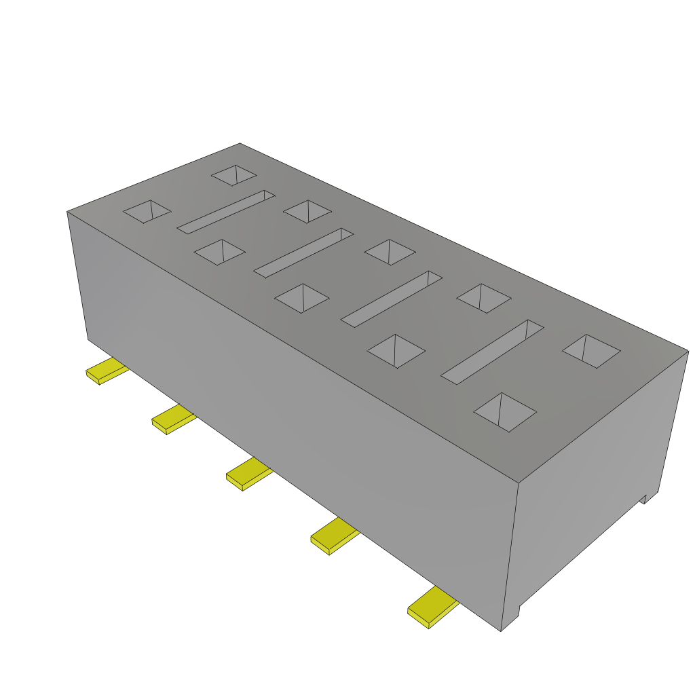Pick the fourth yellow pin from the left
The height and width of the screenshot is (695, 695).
pyautogui.click(x=334, y=536)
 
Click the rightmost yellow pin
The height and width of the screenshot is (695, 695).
pyautogui.click(x=432, y=607)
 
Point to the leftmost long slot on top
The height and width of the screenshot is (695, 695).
pyautogui.click(x=226, y=211)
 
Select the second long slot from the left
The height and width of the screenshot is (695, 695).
pyautogui.click(x=303, y=252)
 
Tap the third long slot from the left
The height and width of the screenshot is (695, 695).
pyautogui.click(x=391, y=299)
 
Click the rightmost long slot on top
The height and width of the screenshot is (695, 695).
pyautogui.click(x=493, y=350)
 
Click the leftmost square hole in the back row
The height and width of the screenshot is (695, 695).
pyautogui.click(x=233, y=175)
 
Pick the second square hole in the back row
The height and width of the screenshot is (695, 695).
pyautogui.click(x=307, y=211)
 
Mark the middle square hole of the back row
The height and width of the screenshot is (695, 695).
pyautogui.click(x=390, y=252)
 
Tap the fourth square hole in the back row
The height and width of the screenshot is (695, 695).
pyautogui.click(x=483, y=298)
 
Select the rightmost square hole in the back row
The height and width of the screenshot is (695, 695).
pyautogui.click(x=591, y=351)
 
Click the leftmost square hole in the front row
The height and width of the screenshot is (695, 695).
pyautogui.click(x=147, y=211)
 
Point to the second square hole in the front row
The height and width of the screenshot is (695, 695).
pyautogui.click(x=219, y=252)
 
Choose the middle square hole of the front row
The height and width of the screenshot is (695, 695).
pyautogui.click(x=301, y=298)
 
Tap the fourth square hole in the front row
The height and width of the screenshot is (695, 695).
pyautogui.click(x=396, y=351)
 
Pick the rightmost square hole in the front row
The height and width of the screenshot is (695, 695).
pyautogui.click(x=504, y=411)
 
